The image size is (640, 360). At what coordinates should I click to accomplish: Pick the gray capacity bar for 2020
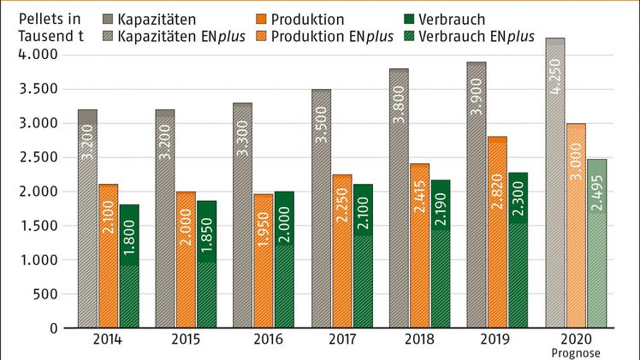pos(555,183)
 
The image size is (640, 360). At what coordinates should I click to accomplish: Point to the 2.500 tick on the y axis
pos(38,157)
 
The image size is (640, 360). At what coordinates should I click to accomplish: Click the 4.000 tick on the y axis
pos(38,55)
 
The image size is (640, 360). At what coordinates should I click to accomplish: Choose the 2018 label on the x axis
pos(419,339)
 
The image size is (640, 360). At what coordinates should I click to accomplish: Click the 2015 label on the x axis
pos(186,339)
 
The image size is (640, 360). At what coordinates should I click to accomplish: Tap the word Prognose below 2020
pos(573,351)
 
